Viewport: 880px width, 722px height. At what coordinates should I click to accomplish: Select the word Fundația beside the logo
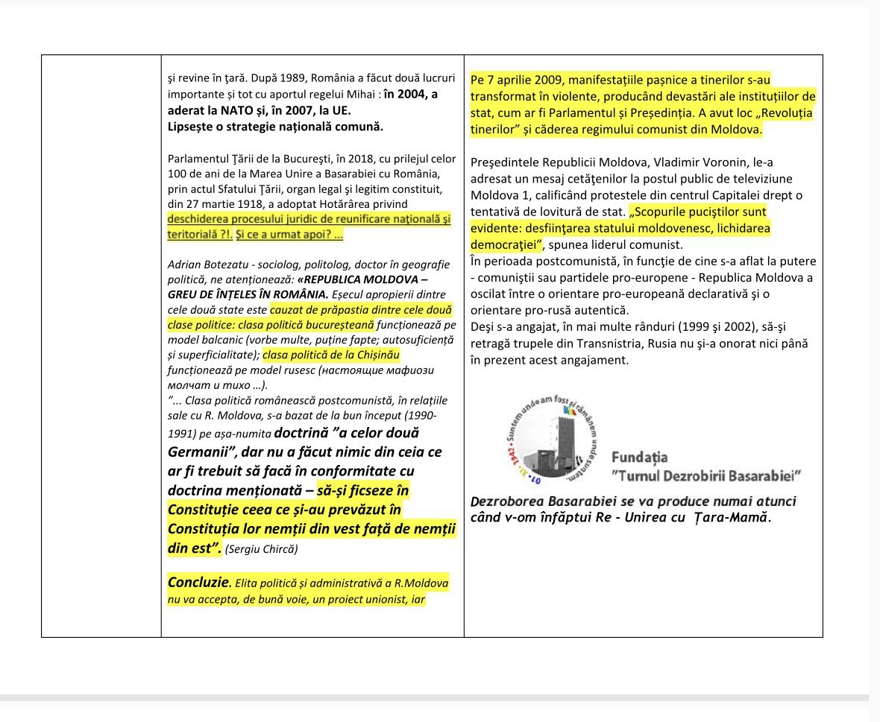click(x=639, y=457)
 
